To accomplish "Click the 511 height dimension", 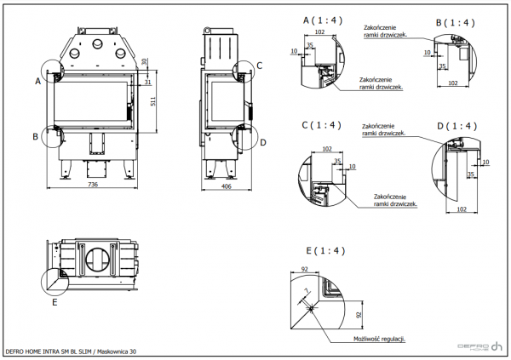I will point(154,102).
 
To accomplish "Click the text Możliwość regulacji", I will point(380,338).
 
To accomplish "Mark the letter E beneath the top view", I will point(55,300).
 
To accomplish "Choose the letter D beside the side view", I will point(263,142).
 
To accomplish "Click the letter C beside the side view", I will point(260,65).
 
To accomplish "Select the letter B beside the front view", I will point(36,135).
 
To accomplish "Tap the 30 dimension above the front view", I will point(145,61).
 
